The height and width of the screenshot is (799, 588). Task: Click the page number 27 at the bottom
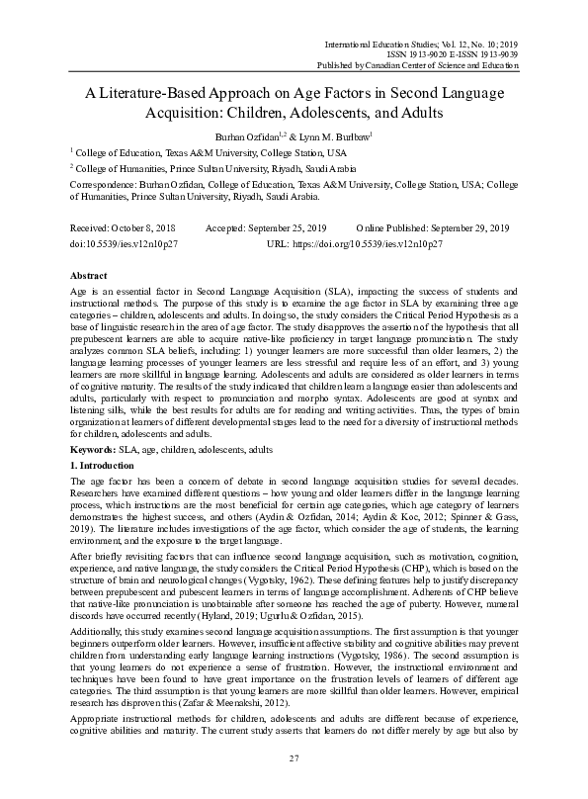(294, 757)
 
